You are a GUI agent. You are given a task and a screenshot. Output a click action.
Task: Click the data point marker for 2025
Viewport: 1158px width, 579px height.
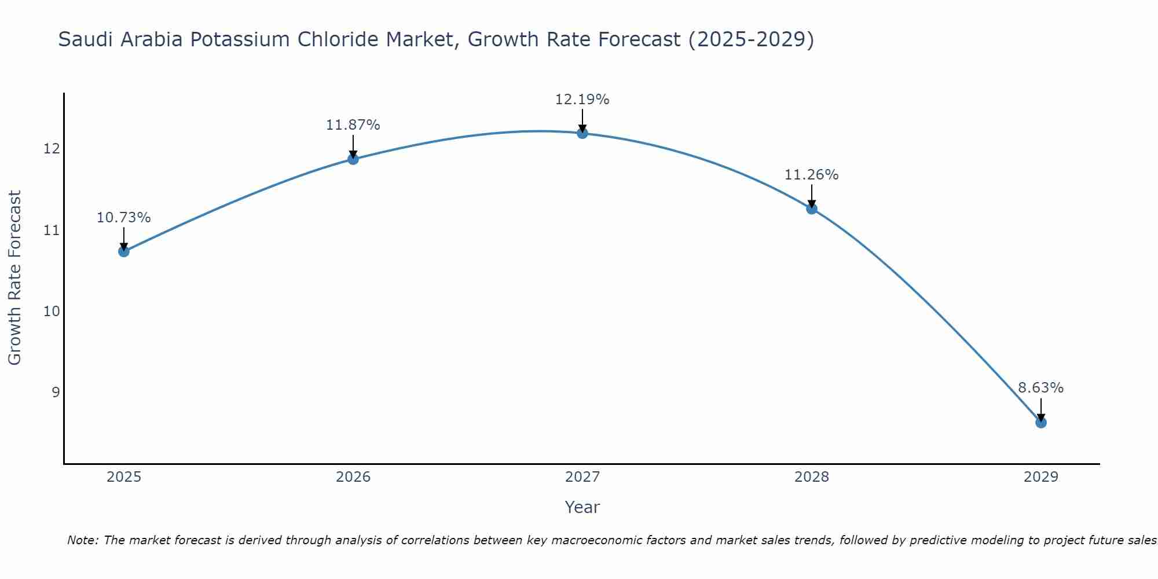[x=123, y=251]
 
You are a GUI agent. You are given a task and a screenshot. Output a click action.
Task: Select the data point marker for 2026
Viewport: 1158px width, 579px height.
[x=353, y=159]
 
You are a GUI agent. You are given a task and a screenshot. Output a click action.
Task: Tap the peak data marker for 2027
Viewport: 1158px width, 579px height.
[x=582, y=133]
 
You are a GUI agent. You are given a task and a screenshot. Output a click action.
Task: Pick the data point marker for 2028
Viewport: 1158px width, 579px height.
[x=812, y=209]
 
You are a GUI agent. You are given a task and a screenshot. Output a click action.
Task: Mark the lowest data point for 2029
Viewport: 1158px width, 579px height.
[x=1041, y=423]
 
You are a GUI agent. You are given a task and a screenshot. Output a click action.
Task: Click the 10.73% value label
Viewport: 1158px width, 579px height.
[x=123, y=218]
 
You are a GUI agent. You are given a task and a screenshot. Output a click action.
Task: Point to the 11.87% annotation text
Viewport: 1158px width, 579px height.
[x=353, y=125]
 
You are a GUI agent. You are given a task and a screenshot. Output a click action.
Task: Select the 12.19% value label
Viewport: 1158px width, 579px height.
[x=582, y=100]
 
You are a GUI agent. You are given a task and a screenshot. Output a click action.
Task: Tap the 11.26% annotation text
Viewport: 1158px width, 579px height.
[x=811, y=175]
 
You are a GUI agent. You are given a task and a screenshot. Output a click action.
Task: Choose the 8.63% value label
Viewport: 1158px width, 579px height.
[x=1040, y=388]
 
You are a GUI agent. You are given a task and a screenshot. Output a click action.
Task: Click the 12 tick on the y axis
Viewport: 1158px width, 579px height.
[x=52, y=149]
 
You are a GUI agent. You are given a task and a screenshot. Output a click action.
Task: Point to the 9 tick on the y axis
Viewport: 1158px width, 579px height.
[x=56, y=392]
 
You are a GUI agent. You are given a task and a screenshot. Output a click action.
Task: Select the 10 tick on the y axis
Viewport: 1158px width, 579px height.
[x=52, y=311]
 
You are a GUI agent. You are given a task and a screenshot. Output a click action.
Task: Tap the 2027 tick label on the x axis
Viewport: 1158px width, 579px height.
[x=582, y=477]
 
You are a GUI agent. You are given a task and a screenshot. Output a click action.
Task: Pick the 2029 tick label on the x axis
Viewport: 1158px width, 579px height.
[x=1040, y=477]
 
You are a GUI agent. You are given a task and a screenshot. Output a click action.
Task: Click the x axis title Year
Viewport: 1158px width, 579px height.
[x=582, y=507]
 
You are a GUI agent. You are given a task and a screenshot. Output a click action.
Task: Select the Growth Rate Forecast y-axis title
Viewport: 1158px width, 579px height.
[x=14, y=277]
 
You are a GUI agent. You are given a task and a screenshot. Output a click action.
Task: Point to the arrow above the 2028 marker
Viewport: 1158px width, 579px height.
[x=812, y=196]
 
